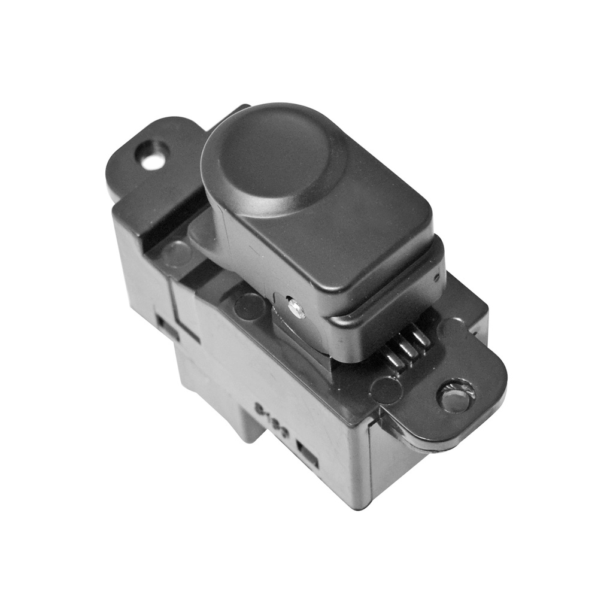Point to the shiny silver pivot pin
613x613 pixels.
[x=296, y=308]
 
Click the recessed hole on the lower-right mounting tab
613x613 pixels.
[x=456, y=396]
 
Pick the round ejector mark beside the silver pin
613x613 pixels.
[x=250, y=306]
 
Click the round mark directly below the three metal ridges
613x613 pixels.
[x=386, y=390]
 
